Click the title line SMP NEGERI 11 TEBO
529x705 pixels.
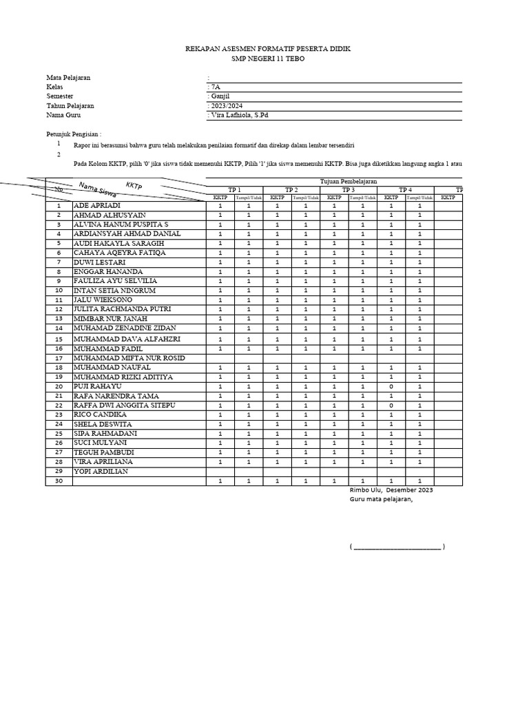pos(258,59)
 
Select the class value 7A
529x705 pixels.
pos(216,87)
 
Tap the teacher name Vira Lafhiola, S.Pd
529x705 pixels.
pos(238,116)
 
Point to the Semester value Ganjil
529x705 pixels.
pos(220,97)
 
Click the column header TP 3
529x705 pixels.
pos(348,190)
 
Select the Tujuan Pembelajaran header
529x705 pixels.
pos(349,181)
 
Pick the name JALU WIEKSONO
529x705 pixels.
pos(103,300)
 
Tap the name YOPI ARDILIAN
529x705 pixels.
pos(101,472)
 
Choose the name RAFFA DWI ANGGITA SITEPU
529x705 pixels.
pos(125,406)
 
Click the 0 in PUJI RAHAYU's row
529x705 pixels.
pos(391,387)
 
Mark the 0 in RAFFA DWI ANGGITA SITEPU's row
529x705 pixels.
pos(391,406)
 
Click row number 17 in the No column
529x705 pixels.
pos(59,359)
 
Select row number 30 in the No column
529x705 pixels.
pos(59,481)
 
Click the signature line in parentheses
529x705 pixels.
pos(397,547)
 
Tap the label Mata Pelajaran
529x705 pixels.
pos(69,78)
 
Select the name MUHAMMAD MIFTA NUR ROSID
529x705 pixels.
pos(129,358)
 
